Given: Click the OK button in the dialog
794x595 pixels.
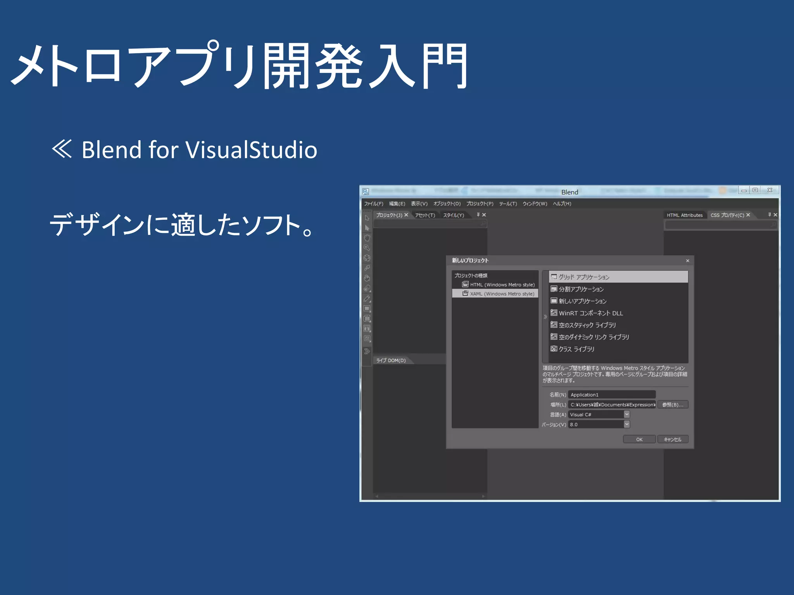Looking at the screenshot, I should pos(639,439).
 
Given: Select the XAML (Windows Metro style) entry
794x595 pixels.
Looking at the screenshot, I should pos(502,294).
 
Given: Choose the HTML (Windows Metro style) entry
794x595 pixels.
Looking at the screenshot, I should pos(502,285).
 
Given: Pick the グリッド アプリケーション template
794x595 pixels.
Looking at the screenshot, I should pos(584,277).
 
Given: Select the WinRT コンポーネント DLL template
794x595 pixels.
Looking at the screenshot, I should pos(590,313).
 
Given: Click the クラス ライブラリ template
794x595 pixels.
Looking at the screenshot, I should pos(576,349).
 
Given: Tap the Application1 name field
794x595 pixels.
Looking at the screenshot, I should pos(612,395).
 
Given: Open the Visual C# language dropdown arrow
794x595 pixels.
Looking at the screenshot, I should pos(627,414).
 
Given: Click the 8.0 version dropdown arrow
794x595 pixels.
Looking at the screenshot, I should pos(627,425).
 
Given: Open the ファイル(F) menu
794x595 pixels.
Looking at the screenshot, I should pos(373,204).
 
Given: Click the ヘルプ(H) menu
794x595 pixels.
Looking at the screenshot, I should pos(562,204).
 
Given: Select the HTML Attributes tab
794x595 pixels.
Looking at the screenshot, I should pos(684,215).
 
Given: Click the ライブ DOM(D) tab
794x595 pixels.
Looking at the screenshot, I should pos(391,361).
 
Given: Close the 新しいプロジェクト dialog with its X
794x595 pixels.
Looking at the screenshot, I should pos(687,261).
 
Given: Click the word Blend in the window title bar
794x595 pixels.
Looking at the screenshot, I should pos(570,192).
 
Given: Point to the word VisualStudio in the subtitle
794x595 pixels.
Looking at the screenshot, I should pos(252,150).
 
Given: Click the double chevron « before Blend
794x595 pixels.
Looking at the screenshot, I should pos(62,149).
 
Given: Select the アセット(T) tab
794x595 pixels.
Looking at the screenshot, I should pos(425,215).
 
